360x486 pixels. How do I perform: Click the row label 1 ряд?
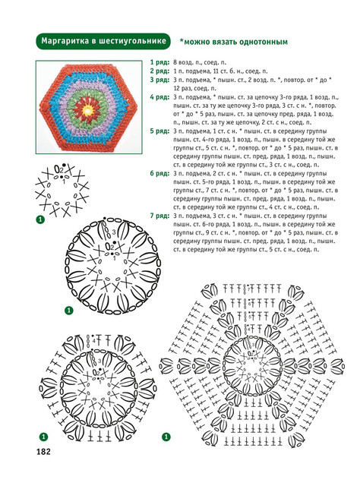(159, 62)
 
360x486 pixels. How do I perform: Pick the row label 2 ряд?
(159, 71)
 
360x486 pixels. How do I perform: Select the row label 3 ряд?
(159, 80)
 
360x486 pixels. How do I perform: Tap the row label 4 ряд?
(159, 97)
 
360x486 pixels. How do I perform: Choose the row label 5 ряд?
(159, 131)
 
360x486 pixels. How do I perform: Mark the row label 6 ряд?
(159, 173)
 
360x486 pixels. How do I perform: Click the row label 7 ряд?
(159, 216)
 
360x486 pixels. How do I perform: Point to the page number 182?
(43, 452)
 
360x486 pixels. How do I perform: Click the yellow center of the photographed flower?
(88, 110)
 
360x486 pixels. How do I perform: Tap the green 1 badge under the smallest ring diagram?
(40, 219)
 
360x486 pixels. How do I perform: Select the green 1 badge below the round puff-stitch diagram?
(69, 311)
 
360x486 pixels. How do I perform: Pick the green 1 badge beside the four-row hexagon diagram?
(43, 437)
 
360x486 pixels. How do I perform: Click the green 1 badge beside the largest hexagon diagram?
(166, 437)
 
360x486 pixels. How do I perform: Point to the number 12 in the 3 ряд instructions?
(176, 89)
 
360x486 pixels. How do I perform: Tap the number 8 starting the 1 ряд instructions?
(175, 63)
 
